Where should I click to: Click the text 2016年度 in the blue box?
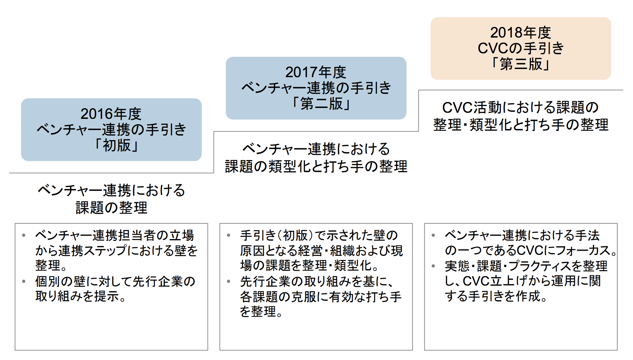point(111,114)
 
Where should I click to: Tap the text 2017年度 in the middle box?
point(316,72)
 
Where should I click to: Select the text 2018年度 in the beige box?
point(521,32)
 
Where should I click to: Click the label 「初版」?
point(116,145)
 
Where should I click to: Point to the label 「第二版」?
point(321,103)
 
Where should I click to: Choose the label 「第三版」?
point(521,64)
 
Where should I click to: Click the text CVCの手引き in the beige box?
point(521,48)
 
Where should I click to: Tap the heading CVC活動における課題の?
point(521,107)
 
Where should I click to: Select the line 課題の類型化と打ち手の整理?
point(316,166)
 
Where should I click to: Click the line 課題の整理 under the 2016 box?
point(111,208)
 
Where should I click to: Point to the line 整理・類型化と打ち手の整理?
point(521,125)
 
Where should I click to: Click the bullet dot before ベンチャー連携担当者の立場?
point(24,235)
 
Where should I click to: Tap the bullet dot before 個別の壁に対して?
point(24,281)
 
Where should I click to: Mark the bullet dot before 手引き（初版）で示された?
point(228,235)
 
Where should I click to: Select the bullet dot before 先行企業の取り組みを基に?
point(228,281)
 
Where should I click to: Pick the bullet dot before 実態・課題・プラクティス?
point(433,266)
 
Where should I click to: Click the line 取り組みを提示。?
point(81,296)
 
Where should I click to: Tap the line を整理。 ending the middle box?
point(262,311)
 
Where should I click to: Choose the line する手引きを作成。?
point(496,296)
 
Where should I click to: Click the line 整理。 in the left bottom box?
point(51,265)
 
